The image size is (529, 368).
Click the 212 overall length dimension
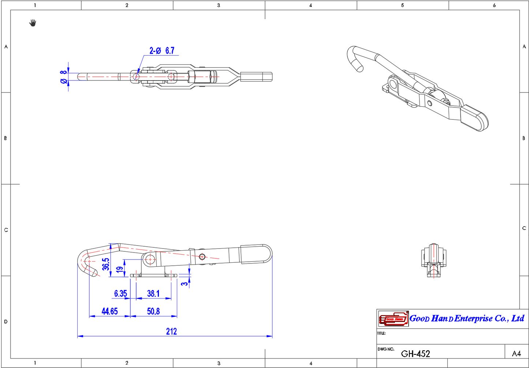pos(171,331)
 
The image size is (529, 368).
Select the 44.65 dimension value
pos(109,311)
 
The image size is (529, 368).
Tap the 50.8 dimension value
pos(153,311)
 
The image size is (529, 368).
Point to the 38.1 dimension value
pos(153,293)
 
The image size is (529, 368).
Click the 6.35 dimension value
pos(120,293)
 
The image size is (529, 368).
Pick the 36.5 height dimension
pos(106,264)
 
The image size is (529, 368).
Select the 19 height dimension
pos(120,270)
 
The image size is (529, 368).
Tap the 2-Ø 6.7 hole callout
pos(162,50)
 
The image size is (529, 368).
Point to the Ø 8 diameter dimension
pos(64,77)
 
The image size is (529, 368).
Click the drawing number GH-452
pos(416,353)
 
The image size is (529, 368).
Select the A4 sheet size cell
pos(516,353)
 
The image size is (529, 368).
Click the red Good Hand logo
pos(393,319)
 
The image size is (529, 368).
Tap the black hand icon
pos(33,23)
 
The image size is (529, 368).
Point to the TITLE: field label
pos(381,333)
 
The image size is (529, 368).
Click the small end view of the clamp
pos(434,259)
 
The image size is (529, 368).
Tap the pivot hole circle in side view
pos(149,259)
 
